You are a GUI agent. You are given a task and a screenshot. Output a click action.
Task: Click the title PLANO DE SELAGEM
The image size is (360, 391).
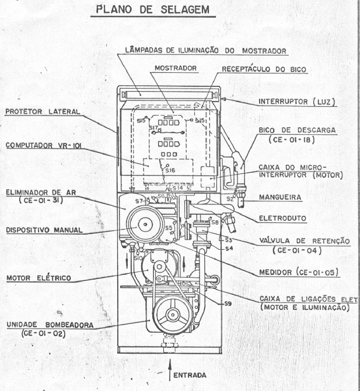coord(153,9)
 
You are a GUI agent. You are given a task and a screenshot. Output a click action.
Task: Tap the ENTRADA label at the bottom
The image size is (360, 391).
coord(190,375)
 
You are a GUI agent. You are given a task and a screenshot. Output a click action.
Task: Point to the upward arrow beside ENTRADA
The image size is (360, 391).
coord(170,370)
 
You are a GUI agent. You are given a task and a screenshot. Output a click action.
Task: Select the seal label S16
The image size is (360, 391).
coord(170,171)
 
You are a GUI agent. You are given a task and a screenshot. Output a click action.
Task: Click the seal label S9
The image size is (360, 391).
coord(228,304)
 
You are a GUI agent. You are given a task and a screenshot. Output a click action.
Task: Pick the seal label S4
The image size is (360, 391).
coord(229,249)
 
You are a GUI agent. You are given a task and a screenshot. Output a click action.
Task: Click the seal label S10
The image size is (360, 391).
coord(139,258)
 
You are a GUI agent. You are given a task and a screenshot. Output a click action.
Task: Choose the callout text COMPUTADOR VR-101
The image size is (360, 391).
coord(43,145)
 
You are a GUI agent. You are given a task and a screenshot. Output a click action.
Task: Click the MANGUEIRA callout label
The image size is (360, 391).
coord(280,197)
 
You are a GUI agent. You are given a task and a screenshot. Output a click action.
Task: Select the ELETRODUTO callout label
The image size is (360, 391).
coord(282,218)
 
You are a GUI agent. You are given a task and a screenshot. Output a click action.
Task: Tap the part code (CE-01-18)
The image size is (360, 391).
coord(292,140)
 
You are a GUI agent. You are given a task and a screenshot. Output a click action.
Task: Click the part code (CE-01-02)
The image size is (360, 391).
coord(43,334)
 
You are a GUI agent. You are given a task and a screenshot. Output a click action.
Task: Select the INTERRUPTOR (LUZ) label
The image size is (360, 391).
coord(298,102)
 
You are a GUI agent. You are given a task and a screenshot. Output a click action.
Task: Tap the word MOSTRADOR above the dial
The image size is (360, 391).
coord(176,68)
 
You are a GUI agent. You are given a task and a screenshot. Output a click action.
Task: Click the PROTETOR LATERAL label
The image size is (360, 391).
coord(43,112)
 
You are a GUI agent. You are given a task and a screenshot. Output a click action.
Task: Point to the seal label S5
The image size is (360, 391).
coord(169,228)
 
